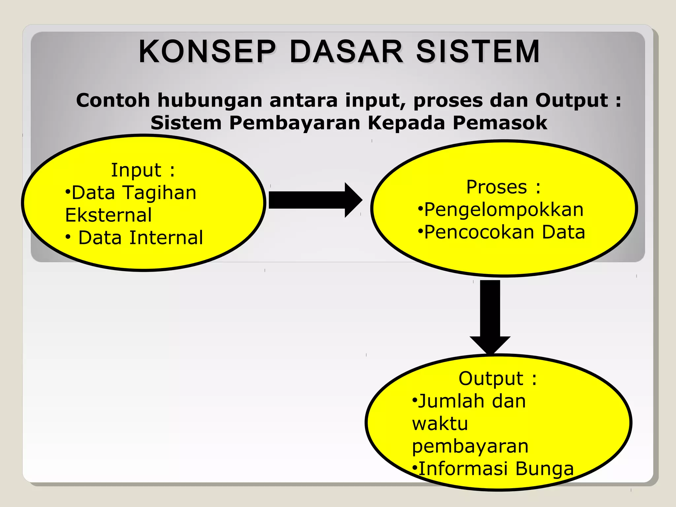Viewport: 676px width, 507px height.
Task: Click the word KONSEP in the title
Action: point(207,52)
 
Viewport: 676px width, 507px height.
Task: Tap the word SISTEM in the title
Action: point(478,52)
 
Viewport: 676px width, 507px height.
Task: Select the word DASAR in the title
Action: point(346,52)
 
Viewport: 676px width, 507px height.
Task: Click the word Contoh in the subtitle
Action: point(113,100)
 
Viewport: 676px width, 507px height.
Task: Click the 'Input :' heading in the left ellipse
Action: point(143,170)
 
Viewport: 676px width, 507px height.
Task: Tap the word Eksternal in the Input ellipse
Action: point(108,215)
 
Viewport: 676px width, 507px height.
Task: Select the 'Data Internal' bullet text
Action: point(140,238)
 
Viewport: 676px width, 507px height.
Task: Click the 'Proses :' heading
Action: point(503,187)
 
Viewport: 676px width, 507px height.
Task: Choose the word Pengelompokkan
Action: point(504,210)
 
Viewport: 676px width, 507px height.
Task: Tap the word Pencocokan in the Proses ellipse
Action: point(479,232)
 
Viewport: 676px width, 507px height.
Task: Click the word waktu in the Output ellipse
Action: point(440,423)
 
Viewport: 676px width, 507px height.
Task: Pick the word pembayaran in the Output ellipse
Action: point(470,446)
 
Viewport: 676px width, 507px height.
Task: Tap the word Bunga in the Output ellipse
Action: point(544,469)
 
